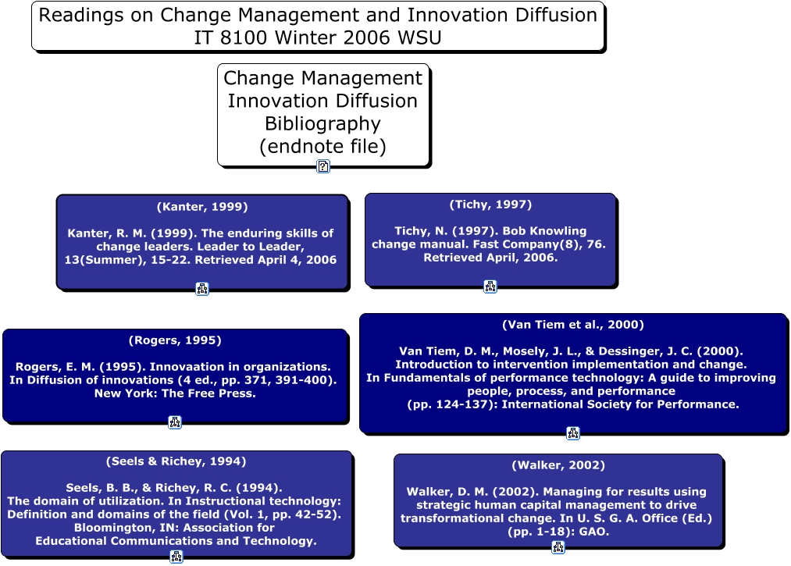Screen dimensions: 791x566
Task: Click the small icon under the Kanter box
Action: pos(202,289)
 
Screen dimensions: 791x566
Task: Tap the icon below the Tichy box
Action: pos(490,287)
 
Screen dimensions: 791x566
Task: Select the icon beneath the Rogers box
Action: pos(175,422)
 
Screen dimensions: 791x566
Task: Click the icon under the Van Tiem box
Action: pos(573,433)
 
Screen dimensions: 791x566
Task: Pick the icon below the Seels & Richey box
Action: pos(176,557)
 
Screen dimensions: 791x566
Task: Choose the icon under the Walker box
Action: pos(558,546)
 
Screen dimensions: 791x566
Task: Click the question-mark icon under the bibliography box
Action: pos(323,166)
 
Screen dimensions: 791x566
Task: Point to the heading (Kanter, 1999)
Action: pos(202,207)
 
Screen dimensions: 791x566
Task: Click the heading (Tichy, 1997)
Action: pos(491,205)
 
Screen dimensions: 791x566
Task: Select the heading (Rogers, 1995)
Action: pos(175,340)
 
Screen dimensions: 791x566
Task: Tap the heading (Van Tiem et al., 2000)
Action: pos(573,325)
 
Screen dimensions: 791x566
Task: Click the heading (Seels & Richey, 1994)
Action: pos(176,461)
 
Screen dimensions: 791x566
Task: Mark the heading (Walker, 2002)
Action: pos(558,465)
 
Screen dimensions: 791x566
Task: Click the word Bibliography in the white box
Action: pos(322,124)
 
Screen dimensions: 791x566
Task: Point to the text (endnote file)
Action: pos(322,146)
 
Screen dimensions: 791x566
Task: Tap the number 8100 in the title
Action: pos(243,37)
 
